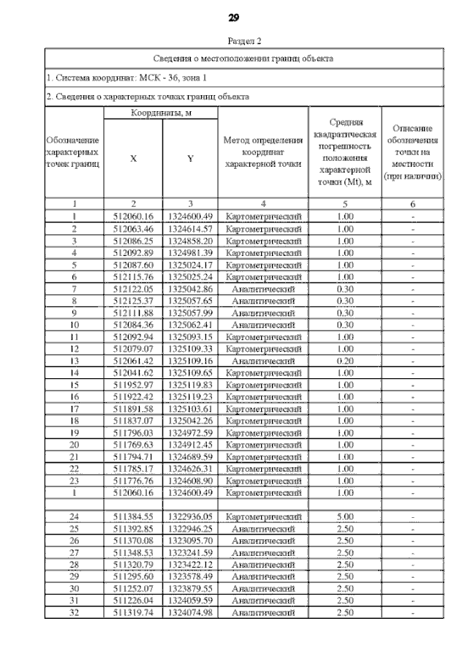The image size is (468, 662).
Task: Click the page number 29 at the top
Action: [x=234, y=17]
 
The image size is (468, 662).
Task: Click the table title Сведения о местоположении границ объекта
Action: [x=244, y=58]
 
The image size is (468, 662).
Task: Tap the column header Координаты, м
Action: [x=161, y=113]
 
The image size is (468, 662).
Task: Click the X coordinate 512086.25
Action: [x=133, y=240]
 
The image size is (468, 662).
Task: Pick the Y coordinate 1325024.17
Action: [x=190, y=264]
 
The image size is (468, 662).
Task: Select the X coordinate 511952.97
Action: [x=133, y=385]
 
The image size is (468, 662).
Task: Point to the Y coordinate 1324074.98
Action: [x=190, y=612]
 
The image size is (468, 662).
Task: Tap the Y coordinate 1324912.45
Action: [x=190, y=444]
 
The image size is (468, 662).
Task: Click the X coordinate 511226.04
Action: [x=133, y=601]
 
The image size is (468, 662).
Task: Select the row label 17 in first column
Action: [x=74, y=408]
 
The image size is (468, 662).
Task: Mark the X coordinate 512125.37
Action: [x=133, y=300]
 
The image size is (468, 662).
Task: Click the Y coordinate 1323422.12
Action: [x=190, y=564]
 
